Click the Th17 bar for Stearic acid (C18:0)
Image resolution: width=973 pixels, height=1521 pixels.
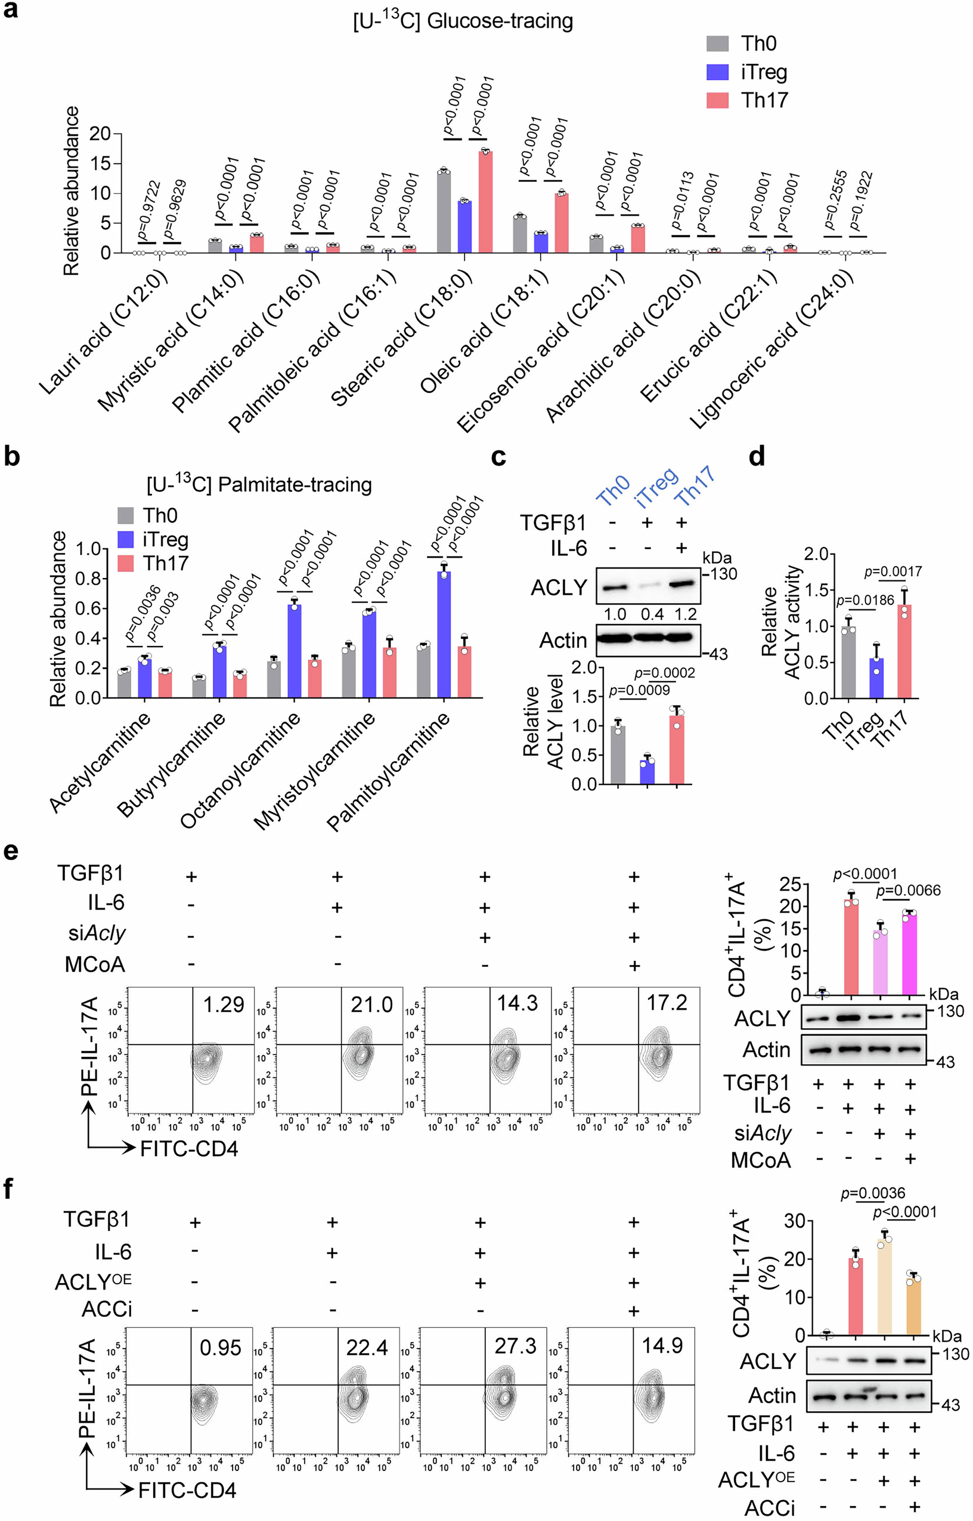[x=485, y=202]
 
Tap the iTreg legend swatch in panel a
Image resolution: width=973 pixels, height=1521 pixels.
[x=717, y=72]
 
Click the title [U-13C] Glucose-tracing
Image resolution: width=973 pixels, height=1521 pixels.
[x=463, y=21]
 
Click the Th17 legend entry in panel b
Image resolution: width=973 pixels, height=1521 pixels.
[x=154, y=563]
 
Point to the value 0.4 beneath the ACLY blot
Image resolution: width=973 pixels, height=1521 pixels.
[x=652, y=614]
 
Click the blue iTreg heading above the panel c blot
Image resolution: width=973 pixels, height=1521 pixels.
[x=657, y=487]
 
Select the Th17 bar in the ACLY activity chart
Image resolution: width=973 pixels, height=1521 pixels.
[x=904, y=651]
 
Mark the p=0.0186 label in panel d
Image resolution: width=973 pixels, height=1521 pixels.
[x=865, y=599]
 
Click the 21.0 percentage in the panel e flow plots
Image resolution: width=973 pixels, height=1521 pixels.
[x=371, y=1004]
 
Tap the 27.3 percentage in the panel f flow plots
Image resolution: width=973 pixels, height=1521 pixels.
[x=515, y=1346]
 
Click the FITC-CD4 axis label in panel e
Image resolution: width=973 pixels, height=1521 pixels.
[x=189, y=1148]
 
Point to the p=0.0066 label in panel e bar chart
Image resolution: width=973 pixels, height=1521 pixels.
[x=908, y=891]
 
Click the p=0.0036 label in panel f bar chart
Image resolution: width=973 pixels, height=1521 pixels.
[x=873, y=1193]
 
